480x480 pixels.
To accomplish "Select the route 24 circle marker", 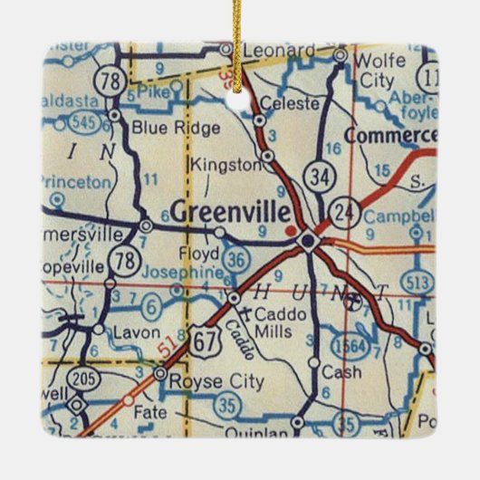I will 346,214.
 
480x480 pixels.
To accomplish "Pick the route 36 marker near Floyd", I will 235,259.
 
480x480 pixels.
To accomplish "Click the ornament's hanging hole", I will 239,99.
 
